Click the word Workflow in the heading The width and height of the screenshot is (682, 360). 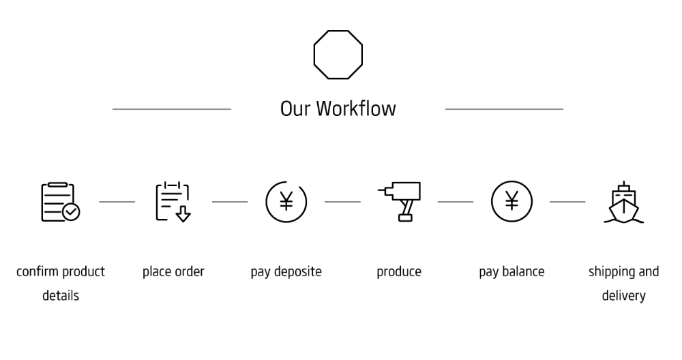[x=356, y=108]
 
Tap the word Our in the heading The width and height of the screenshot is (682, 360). [x=295, y=109]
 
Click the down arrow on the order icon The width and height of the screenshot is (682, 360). [x=183, y=213]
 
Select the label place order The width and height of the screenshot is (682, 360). [x=173, y=272]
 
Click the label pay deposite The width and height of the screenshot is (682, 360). [x=286, y=272]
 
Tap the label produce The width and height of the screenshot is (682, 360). [x=399, y=272]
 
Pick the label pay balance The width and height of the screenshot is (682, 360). [x=512, y=272]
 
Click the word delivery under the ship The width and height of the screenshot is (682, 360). [x=624, y=296]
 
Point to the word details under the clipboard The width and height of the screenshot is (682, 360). [x=61, y=296]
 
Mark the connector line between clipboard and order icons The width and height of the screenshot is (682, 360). [x=117, y=202]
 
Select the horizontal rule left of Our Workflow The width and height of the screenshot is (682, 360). [x=172, y=109]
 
